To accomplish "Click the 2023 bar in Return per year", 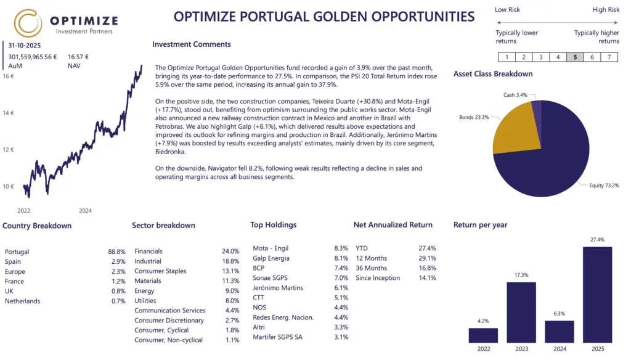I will pyautogui.click(x=521, y=312).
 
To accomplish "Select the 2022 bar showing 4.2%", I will pyautogui.click(x=483, y=335).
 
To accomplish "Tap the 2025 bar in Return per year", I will pyautogui.click(x=597, y=294).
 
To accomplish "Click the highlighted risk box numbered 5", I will pyautogui.click(x=575, y=57).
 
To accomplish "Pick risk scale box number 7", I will pyautogui.click(x=609, y=57).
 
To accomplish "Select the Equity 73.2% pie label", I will pyautogui.click(x=603, y=185).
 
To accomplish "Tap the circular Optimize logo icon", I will pyautogui.click(x=28, y=23).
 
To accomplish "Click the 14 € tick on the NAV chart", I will pyautogui.click(x=8, y=113).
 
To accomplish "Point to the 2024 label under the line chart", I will pyautogui.click(x=85, y=211).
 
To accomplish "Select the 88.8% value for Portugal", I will pyautogui.click(x=116, y=252).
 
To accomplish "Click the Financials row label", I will pyautogui.click(x=149, y=252).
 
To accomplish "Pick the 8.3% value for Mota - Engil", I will pyautogui.click(x=341, y=248).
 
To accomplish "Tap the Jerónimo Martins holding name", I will pyautogui.click(x=278, y=288).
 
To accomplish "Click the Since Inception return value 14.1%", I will pyautogui.click(x=427, y=278).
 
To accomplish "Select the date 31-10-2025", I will pyautogui.click(x=25, y=46).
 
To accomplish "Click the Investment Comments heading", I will pyautogui.click(x=192, y=44).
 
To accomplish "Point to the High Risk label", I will pyautogui.click(x=606, y=10).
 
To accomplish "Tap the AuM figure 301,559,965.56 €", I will pyautogui.click(x=33, y=57).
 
